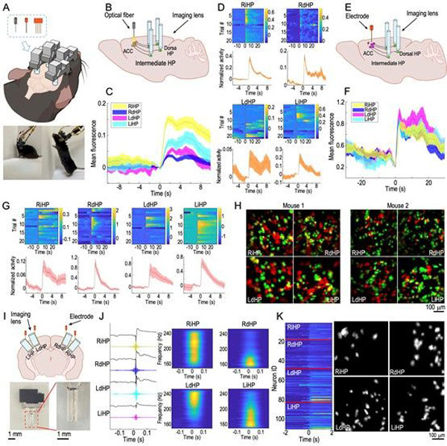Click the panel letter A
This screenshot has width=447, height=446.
click(x=7, y=7)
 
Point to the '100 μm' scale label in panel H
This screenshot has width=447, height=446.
click(x=429, y=307)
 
